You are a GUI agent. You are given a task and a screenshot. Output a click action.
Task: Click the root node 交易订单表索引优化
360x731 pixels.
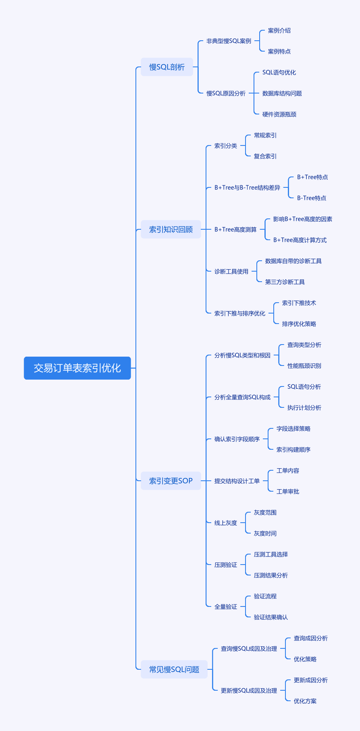tap(77, 368)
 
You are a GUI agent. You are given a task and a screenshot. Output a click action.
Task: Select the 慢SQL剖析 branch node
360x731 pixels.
tap(167, 67)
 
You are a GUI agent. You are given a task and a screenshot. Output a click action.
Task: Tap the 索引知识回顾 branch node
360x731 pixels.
tap(171, 229)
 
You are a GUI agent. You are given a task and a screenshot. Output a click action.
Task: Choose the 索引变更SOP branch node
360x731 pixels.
tap(171, 481)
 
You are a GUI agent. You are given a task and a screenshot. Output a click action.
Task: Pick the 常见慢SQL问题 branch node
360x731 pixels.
tap(174, 669)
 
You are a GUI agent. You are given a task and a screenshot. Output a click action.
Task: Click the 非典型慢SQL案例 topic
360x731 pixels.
tap(229, 41)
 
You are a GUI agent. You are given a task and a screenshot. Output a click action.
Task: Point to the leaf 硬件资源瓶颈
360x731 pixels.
tap(279, 114)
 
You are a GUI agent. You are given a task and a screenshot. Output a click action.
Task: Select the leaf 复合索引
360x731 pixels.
tap(265, 156)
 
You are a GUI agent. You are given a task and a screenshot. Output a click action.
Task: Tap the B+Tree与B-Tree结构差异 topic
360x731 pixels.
tap(247, 188)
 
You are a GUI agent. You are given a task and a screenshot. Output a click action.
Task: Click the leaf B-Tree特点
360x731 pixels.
tap(312, 198)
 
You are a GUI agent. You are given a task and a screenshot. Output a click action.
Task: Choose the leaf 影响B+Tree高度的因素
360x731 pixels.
tap(303, 219)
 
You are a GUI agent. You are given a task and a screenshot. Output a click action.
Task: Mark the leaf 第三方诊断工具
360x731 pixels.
tap(285, 282)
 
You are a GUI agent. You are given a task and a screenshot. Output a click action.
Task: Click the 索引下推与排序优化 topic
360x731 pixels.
tap(240, 314)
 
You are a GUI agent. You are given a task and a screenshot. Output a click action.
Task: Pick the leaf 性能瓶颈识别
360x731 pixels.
tap(304, 366)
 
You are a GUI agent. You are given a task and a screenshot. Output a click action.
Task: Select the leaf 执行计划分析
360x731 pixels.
tap(304, 408)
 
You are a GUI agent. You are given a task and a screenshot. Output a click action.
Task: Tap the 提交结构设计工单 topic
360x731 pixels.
tap(237, 481)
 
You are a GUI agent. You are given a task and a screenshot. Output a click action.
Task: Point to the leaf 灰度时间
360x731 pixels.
tap(265, 534)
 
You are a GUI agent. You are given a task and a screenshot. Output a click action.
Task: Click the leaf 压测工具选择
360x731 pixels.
tap(271, 554)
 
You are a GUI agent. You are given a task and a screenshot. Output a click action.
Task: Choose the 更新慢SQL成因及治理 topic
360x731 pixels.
tap(249, 691)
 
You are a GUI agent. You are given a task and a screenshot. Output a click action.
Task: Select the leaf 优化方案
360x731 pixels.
tap(305, 701)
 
